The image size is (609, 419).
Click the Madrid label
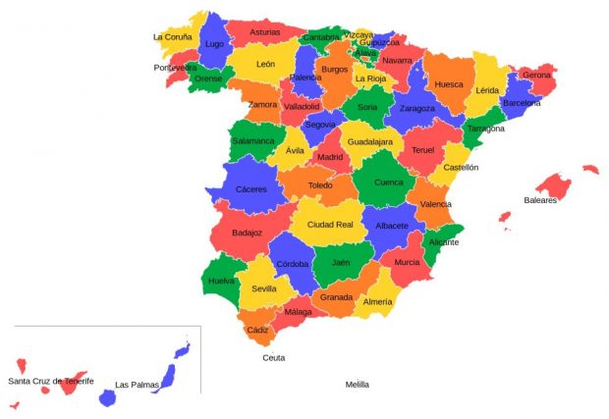330,157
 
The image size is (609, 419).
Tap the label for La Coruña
172,37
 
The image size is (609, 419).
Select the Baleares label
540,200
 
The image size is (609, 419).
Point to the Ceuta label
274,358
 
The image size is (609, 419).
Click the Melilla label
358,385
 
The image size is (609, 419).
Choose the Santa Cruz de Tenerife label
51,380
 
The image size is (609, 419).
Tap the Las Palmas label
136,385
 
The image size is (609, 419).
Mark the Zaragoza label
417,108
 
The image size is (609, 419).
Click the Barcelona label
521,102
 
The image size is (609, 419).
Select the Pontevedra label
176,68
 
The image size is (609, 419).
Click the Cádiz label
258,331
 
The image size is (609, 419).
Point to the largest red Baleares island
554,185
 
